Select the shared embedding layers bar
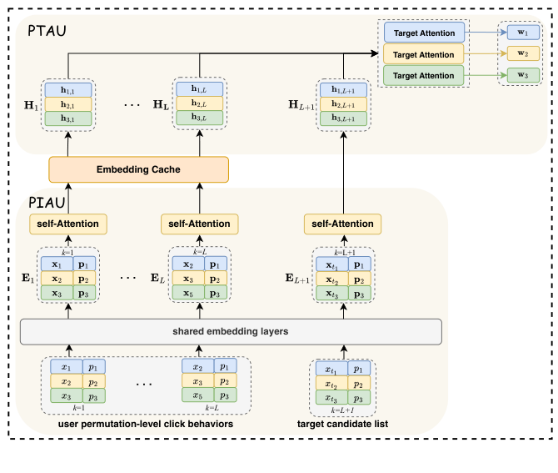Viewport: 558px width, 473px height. (x=230, y=331)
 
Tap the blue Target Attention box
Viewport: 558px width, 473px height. (x=424, y=33)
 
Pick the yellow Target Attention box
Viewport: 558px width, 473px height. (x=424, y=54)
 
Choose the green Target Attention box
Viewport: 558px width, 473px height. (x=424, y=75)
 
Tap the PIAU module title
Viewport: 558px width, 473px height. (x=47, y=202)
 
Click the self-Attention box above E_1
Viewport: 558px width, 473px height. (x=69, y=224)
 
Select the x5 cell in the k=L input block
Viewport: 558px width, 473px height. (x=197, y=395)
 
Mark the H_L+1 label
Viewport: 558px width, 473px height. (x=298, y=103)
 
